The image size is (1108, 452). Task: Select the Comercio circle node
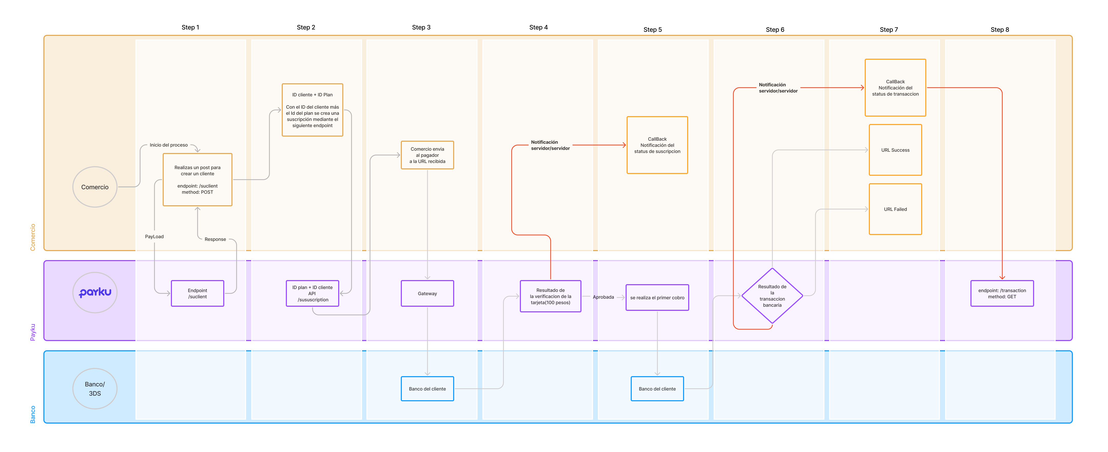click(x=95, y=187)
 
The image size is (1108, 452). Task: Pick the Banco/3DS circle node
click(x=95, y=388)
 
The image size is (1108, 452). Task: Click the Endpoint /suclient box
click(x=197, y=293)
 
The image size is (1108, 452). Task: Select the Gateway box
click(x=427, y=293)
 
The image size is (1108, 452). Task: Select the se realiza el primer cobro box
click(x=657, y=297)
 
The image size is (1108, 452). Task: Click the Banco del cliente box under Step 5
click(x=657, y=389)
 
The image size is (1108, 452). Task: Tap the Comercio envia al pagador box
click(x=427, y=155)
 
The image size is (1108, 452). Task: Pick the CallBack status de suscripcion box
click(x=657, y=145)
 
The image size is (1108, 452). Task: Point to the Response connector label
click(x=215, y=239)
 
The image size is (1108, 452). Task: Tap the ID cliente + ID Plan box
click(x=312, y=110)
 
